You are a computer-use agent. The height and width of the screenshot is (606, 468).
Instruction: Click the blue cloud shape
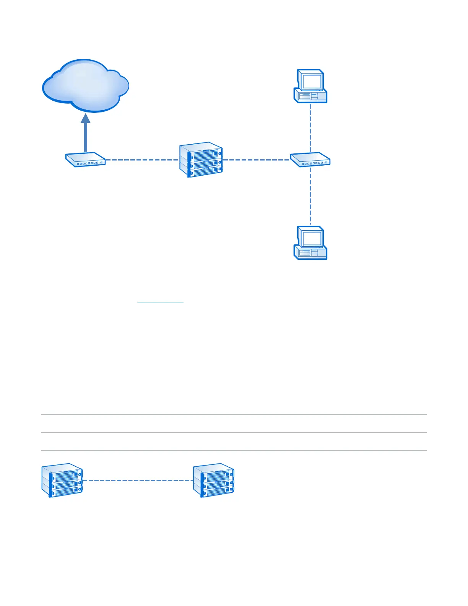coord(85,86)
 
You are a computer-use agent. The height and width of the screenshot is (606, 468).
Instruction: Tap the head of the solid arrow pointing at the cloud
coord(86,118)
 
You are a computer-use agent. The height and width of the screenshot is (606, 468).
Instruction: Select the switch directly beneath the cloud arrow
coord(85,160)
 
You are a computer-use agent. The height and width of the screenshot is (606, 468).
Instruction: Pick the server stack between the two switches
coord(201,160)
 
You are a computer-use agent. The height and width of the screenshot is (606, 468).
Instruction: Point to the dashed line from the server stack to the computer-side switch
coord(256,159)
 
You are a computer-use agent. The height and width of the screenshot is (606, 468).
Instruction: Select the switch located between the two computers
coord(310,159)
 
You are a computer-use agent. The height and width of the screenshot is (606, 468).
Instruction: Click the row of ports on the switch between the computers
coord(312,164)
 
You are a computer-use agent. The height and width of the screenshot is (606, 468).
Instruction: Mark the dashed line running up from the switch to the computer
coord(310,128)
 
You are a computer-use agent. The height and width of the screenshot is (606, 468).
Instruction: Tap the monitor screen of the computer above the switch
coord(312,81)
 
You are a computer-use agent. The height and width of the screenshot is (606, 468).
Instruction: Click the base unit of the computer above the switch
coord(310,96)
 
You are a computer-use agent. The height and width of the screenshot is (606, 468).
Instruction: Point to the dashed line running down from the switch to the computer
coord(310,195)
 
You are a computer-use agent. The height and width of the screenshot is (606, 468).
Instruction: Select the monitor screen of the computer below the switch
coord(312,238)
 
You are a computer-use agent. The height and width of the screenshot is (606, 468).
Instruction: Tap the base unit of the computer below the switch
coord(310,253)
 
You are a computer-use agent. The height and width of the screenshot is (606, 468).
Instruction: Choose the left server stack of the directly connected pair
coord(62,481)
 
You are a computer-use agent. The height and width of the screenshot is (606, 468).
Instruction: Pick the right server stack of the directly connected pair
coord(213,481)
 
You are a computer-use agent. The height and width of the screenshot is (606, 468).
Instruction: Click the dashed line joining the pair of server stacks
coord(138,481)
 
